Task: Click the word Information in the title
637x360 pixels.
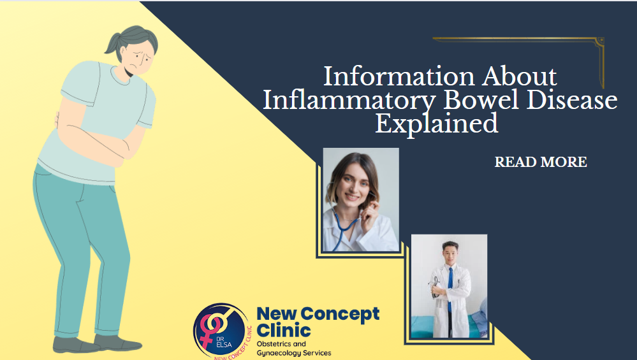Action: (x=399, y=76)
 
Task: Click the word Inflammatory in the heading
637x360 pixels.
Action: (x=349, y=100)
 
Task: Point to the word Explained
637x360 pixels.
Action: (x=436, y=124)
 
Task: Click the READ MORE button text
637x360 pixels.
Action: (x=541, y=162)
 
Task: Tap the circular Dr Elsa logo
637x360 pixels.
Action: (x=222, y=331)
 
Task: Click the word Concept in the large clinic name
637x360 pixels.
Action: (x=340, y=315)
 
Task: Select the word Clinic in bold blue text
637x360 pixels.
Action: (x=284, y=331)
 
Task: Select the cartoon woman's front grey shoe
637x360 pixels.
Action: (x=117, y=343)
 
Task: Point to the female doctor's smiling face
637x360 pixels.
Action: (x=352, y=186)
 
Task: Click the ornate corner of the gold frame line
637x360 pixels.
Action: (x=599, y=42)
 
